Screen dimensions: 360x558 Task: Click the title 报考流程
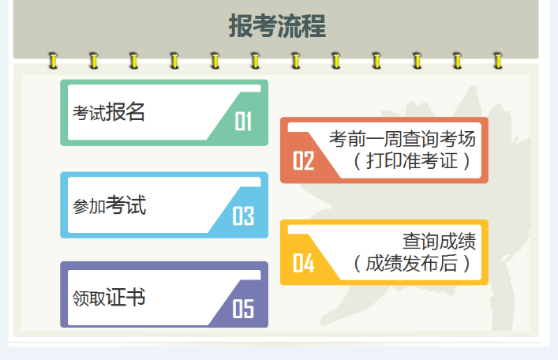click(x=277, y=26)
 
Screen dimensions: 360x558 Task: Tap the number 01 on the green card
click(x=242, y=122)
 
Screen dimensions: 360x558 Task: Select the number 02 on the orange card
click(x=304, y=161)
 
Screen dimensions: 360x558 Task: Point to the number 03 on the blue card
click(x=242, y=216)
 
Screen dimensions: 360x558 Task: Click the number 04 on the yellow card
click(x=304, y=263)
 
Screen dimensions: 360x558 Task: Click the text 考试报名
click(x=109, y=113)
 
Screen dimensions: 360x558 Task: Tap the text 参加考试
click(x=109, y=206)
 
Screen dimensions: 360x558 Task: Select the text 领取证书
click(x=109, y=298)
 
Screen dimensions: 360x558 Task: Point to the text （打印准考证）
click(x=412, y=161)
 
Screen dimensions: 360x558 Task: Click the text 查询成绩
click(x=439, y=241)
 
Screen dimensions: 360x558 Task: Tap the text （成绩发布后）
click(x=412, y=263)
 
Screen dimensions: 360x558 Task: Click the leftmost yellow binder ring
click(x=53, y=60)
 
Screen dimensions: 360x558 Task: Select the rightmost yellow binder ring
click(x=497, y=60)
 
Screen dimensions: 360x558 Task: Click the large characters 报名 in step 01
click(x=125, y=112)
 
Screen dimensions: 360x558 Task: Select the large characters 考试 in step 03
click(x=125, y=205)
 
